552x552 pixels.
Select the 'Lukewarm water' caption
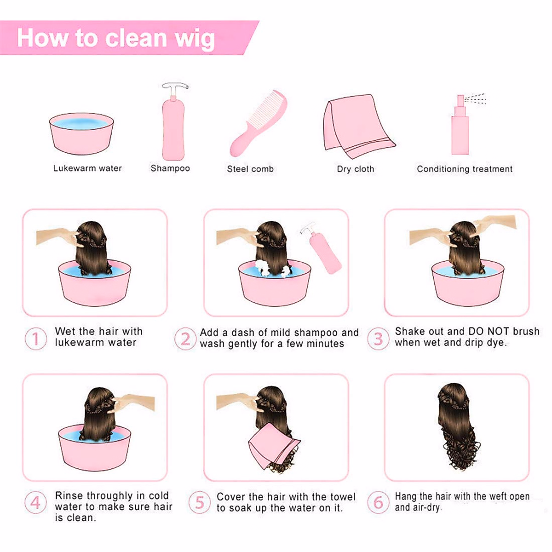(87, 168)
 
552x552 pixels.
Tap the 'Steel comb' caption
(250, 169)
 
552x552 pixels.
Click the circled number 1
(35, 339)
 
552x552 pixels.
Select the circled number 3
(378, 339)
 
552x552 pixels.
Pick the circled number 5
(199, 502)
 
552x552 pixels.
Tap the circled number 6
(378, 502)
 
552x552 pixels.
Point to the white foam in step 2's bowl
(263, 266)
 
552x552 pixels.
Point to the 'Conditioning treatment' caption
(465, 169)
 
